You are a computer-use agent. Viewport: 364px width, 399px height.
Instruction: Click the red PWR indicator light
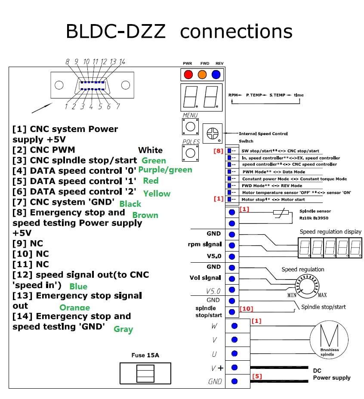[x=188, y=74]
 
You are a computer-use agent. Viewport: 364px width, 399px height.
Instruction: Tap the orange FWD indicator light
[x=202, y=74]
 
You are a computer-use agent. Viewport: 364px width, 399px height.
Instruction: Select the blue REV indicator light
[x=216, y=74]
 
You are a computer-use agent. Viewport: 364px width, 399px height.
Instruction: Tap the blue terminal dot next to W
[x=234, y=326]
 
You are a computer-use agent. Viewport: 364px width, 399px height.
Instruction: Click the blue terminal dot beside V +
[x=234, y=367]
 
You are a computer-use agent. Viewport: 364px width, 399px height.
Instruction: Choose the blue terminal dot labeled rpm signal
[x=232, y=246]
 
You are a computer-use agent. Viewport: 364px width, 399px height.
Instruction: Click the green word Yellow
[x=157, y=193]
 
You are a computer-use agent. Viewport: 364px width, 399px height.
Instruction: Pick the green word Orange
[x=74, y=307]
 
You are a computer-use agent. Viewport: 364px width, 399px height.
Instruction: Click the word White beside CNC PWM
[x=150, y=150]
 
